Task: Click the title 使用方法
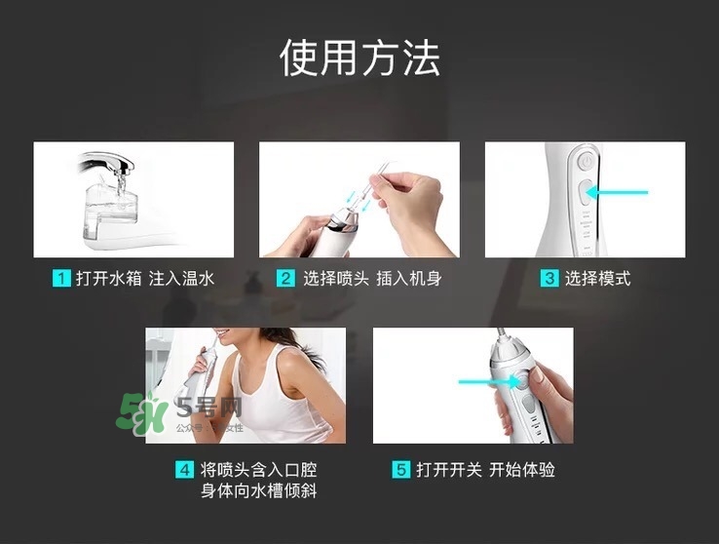click(359, 58)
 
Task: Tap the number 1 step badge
click(60, 279)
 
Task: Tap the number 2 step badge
click(285, 279)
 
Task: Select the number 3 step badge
click(549, 279)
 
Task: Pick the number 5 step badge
click(400, 470)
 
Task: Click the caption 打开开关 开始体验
click(485, 470)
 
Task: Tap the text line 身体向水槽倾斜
click(258, 491)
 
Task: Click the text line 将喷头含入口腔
click(258, 470)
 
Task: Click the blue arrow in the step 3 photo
click(617, 192)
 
